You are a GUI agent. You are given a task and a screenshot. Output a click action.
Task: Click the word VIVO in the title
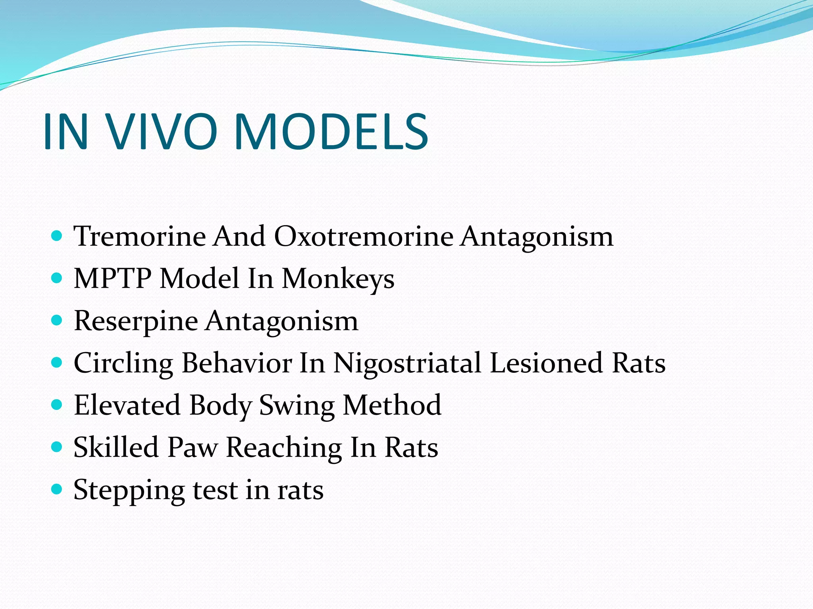163,132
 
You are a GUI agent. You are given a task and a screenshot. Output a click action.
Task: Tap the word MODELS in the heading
331,132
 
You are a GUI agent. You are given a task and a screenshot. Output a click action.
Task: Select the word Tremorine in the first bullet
140,236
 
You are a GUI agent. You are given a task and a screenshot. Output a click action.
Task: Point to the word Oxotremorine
364,236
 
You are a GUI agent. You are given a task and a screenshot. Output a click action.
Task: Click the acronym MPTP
112,278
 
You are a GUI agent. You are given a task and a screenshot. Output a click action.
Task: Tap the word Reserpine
136,321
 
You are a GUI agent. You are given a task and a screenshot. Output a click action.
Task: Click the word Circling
123,363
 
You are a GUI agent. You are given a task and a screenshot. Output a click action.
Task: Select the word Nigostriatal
407,363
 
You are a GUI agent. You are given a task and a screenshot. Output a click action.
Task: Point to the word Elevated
127,405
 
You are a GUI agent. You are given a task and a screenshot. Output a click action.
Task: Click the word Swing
297,406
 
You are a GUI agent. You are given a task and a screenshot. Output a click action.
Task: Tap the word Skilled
116,448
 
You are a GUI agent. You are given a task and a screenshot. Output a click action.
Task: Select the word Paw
193,448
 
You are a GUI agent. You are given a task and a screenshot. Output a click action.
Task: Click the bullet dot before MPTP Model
57,278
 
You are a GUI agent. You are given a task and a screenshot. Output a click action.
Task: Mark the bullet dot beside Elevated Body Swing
57,405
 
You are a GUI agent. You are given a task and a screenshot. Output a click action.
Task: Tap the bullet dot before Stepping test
57,490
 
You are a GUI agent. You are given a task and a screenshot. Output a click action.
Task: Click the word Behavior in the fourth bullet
237,363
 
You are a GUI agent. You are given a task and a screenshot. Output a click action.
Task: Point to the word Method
392,405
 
